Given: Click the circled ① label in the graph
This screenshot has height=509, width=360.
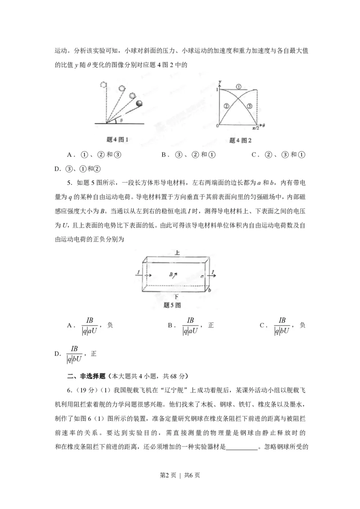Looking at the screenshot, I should click(238, 86).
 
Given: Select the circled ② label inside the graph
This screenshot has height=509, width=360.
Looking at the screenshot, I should click(226, 105).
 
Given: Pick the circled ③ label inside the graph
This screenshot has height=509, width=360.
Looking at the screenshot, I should click(249, 106).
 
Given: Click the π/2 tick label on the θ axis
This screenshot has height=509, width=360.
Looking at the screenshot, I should click(256, 128).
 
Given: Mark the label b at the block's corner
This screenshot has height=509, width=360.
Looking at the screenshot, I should click(209, 290).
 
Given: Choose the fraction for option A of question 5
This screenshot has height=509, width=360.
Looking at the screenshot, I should click(90, 326).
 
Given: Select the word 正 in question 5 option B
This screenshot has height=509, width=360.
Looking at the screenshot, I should click(211, 325).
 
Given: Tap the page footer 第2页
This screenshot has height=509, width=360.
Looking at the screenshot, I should click(166, 487).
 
